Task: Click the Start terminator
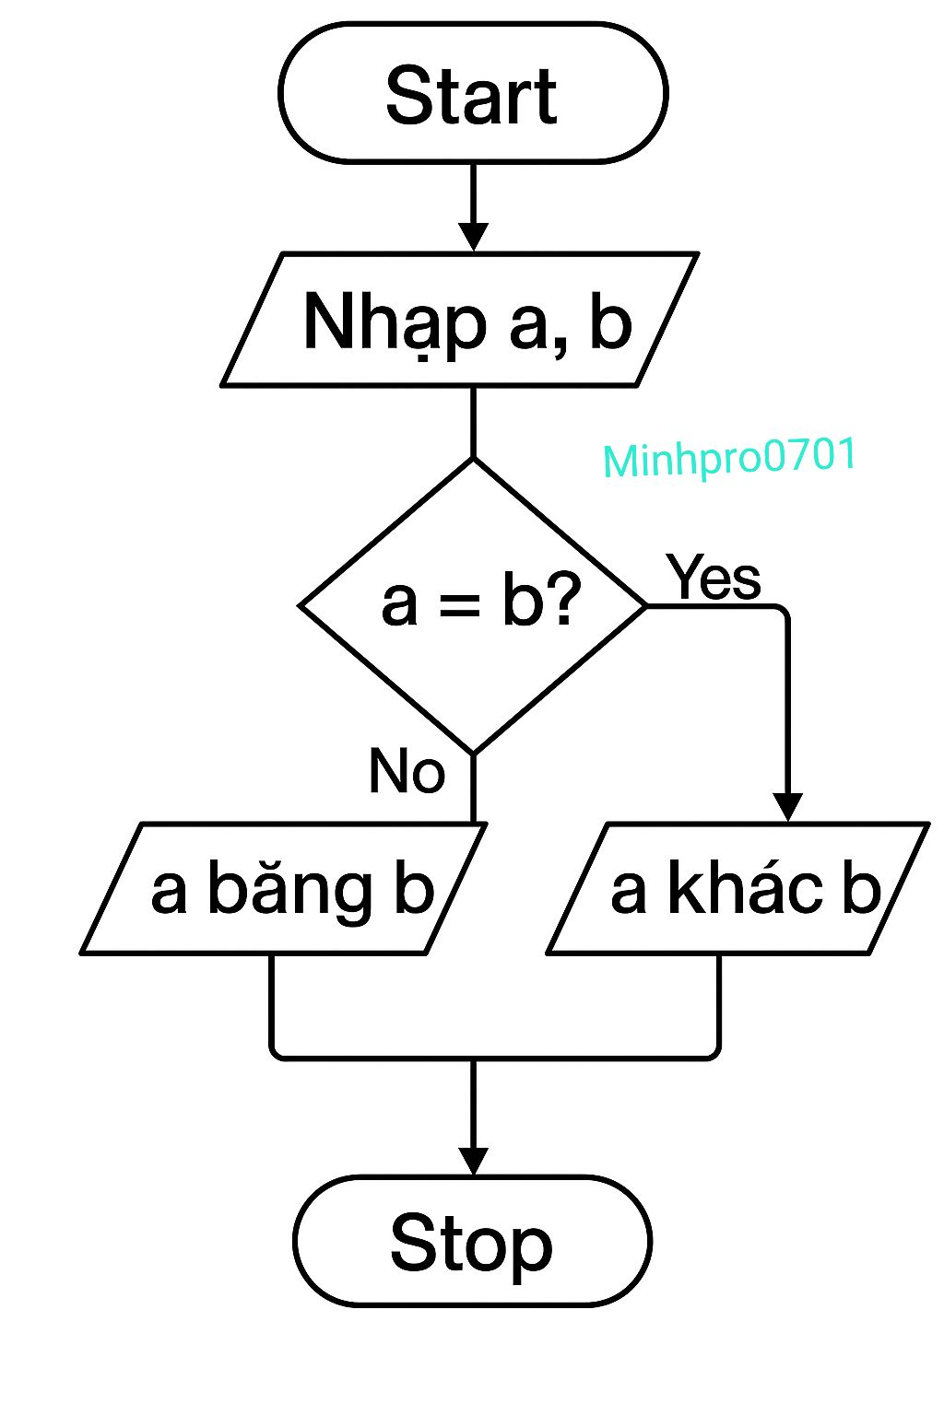point(473,93)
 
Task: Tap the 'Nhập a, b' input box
point(460,319)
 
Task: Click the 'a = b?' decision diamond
point(473,606)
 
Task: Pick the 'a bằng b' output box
point(283,888)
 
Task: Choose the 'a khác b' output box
point(737,888)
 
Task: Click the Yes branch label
point(714,577)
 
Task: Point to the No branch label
point(407,770)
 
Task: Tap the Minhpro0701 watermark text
point(729,457)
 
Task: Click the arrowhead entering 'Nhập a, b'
point(473,237)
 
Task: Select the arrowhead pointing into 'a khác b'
point(788,807)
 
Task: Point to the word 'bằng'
point(290,891)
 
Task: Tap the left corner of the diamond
point(298,606)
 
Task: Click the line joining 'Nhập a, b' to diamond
point(473,421)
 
